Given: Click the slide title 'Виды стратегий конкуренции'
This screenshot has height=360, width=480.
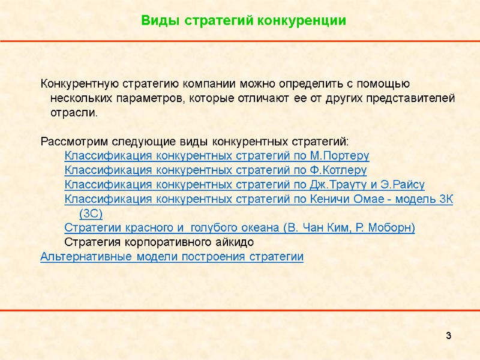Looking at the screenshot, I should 244,20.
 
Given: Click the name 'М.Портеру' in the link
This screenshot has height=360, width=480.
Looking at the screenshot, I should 340,156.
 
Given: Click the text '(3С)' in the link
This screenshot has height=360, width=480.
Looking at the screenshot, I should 91,214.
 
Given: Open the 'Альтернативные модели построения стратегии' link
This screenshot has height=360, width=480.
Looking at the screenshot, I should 172,257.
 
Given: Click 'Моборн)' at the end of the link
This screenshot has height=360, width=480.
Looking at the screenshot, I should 394,228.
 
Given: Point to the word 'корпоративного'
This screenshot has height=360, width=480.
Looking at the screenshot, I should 157,242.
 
